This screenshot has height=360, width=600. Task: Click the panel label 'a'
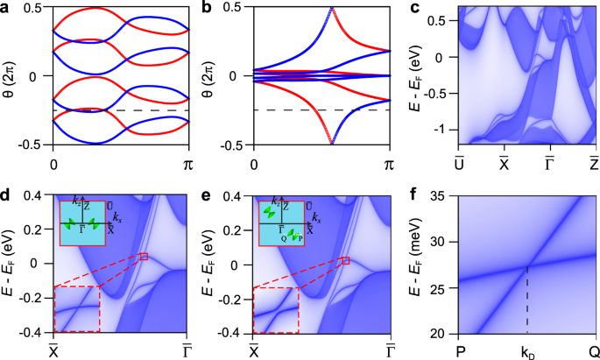coord(7,9)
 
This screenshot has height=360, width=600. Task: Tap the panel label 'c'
coord(413,9)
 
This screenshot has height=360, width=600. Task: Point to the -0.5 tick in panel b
coord(236,144)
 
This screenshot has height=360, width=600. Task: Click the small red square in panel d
coord(145,256)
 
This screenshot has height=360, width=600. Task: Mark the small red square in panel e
coord(346,260)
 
